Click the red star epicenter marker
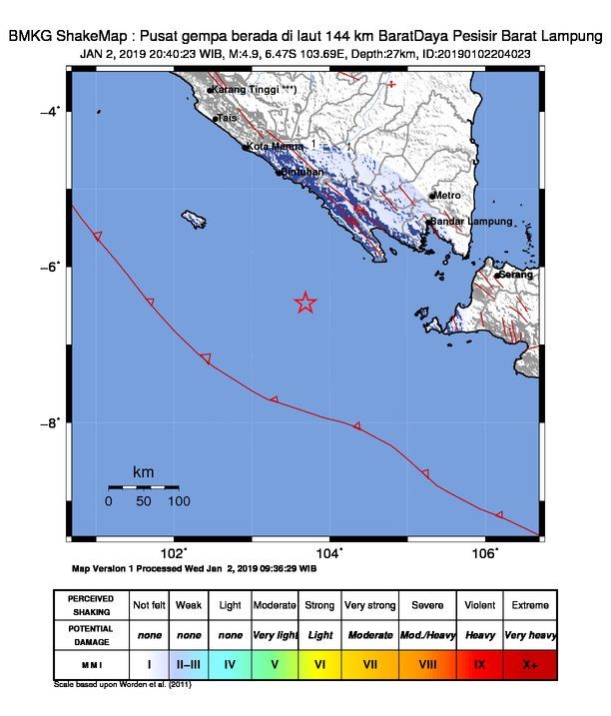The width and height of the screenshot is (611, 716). (x=305, y=303)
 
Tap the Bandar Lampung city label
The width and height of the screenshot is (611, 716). (x=471, y=221)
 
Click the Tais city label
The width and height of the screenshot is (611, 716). (x=228, y=118)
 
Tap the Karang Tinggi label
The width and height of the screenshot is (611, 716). (x=250, y=90)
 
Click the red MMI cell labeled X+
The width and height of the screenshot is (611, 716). (x=529, y=663)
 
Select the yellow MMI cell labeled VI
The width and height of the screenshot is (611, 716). (x=319, y=663)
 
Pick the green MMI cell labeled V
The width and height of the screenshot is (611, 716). (x=274, y=663)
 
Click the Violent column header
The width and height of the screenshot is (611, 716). (x=478, y=605)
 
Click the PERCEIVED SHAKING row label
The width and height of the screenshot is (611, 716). (x=90, y=605)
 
